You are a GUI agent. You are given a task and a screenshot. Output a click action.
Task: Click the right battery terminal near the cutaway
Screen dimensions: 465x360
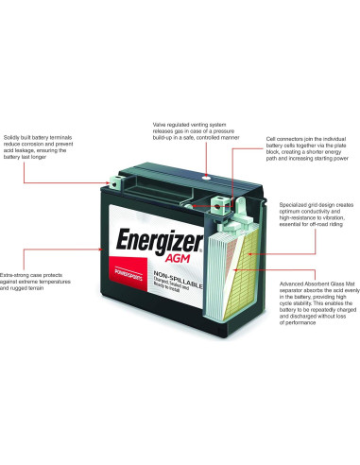[220, 200]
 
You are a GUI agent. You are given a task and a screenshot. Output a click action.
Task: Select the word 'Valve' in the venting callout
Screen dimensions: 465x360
[162, 124]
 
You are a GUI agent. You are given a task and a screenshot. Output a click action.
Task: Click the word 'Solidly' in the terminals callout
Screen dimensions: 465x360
[13, 136]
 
